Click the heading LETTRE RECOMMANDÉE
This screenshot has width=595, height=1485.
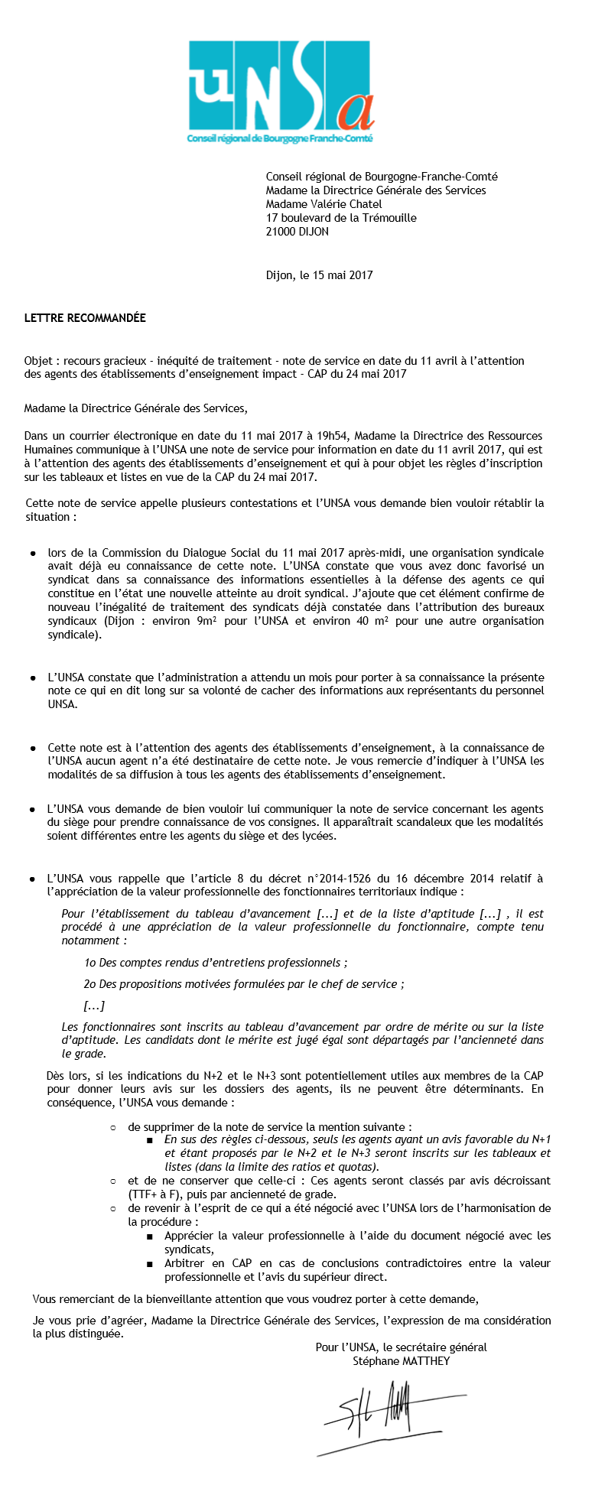[x=85, y=317]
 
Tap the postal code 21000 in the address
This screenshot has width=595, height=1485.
[x=281, y=232]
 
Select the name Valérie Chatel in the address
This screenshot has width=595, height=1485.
[x=348, y=204]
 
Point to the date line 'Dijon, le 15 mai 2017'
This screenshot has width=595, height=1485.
[x=319, y=275]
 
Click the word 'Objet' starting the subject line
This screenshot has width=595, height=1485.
[x=38, y=361]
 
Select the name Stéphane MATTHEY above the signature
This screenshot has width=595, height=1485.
[x=401, y=1361]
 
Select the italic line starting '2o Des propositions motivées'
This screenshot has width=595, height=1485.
[x=244, y=984]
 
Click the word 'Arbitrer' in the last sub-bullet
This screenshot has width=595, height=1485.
[x=184, y=1263]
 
